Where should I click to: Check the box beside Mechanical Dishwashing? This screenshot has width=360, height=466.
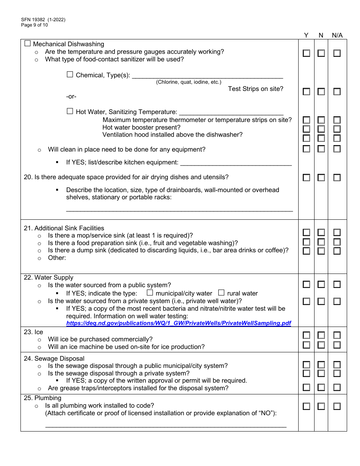(x=27, y=44)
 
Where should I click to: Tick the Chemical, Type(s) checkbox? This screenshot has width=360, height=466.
(x=70, y=75)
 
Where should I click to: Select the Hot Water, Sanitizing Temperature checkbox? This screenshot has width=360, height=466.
(x=70, y=111)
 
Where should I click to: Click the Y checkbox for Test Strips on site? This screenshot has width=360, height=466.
(x=306, y=91)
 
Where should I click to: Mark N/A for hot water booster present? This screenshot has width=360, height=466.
(x=337, y=129)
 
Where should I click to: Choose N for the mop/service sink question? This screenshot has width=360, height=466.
(x=321, y=232)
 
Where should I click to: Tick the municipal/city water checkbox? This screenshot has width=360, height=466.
(x=150, y=292)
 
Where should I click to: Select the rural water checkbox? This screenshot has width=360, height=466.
(x=221, y=292)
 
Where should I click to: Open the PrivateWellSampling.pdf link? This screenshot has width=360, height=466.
(x=178, y=323)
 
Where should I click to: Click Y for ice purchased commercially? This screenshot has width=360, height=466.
(x=306, y=335)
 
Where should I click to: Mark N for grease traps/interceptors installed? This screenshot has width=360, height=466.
(x=321, y=387)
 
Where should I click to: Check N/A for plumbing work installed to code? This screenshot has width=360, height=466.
(x=337, y=407)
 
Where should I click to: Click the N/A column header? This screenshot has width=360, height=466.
(x=337, y=35)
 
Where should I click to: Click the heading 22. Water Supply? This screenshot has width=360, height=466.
(x=49, y=277)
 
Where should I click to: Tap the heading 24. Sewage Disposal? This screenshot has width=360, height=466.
(x=54, y=358)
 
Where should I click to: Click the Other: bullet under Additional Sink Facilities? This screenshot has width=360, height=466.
(x=57, y=258)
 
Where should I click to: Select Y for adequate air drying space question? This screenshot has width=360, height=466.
(x=306, y=177)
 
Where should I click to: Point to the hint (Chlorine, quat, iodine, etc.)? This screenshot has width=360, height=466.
(x=188, y=82)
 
